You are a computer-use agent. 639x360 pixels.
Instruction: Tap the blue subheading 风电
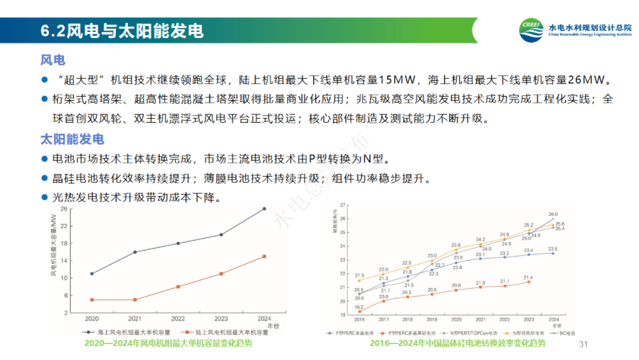(x=53, y=60)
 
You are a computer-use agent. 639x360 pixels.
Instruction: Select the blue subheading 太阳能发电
(x=72, y=139)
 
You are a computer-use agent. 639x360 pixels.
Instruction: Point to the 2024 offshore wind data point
(x=264, y=208)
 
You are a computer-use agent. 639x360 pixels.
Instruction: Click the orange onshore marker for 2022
(x=178, y=287)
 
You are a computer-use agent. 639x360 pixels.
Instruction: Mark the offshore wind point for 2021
(x=135, y=252)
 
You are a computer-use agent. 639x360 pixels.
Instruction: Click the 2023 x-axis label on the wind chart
(x=221, y=318)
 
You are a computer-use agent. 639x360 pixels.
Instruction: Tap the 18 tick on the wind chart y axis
(x=63, y=243)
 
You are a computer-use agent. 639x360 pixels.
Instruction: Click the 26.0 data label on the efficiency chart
(x=553, y=214)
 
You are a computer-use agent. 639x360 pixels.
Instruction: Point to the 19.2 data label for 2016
(x=359, y=307)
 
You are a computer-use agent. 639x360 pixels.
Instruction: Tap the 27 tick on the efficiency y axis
(x=343, y=205)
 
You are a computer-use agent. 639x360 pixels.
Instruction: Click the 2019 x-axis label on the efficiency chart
(x=432, y=319)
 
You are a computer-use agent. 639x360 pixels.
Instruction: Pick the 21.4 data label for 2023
(x=528, y=277)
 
